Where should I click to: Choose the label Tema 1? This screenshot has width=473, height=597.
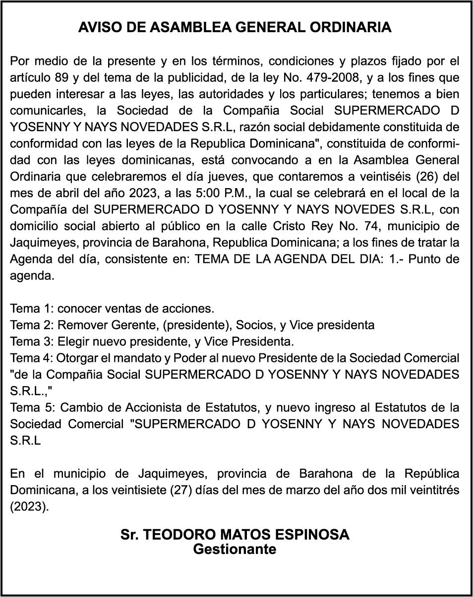point(31,308)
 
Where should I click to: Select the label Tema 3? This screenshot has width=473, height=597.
point(31,342)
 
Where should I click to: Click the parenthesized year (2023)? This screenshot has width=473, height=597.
point(29,507)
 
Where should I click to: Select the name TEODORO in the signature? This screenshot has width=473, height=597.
point(179,535)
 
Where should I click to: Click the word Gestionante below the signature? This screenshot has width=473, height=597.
point(235,549)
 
